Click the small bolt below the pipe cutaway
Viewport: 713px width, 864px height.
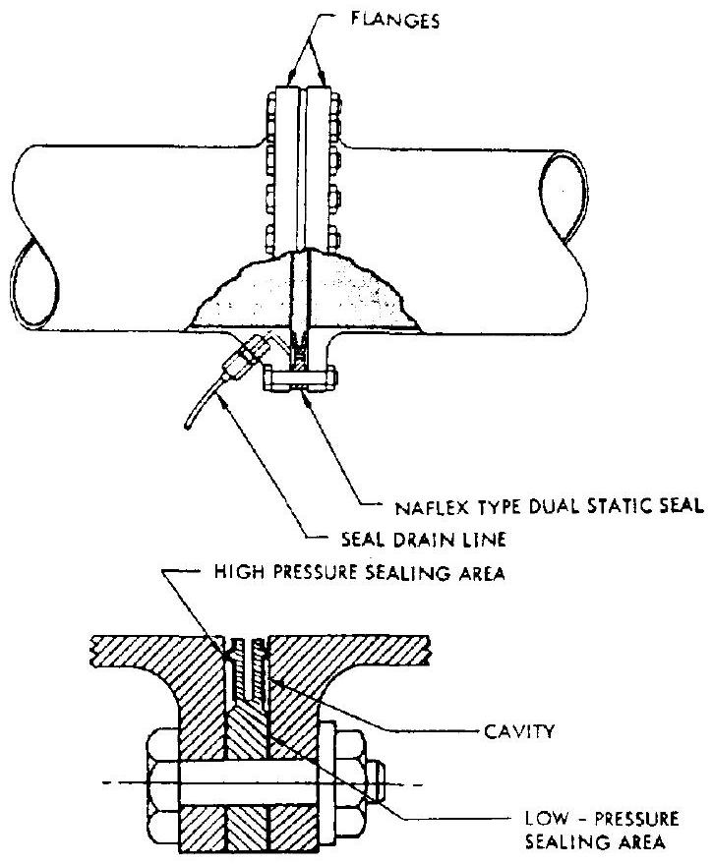pyautogui.click(x=300, y=374)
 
